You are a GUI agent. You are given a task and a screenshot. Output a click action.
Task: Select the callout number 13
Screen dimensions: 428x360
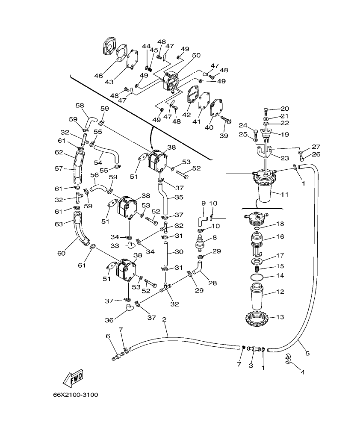click(x=280, y=317)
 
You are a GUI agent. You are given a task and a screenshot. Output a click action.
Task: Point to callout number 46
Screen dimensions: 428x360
click(x=99, y=76)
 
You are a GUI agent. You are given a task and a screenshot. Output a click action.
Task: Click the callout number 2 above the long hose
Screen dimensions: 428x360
click(x=164, y=319)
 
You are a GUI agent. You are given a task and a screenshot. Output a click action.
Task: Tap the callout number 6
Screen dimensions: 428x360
click(x=108, y=336)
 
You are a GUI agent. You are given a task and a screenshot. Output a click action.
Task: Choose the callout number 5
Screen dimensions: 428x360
click(x=307, y=353)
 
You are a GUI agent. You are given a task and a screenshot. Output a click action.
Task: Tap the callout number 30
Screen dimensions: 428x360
click(x=179, y=252)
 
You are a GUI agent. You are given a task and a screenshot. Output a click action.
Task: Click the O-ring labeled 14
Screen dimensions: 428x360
click(x=257, y=277)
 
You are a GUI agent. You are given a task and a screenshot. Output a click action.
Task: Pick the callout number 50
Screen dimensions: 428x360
click(x=196, y=56)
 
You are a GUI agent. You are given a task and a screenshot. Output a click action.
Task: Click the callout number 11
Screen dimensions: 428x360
click(x=285, y=194)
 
